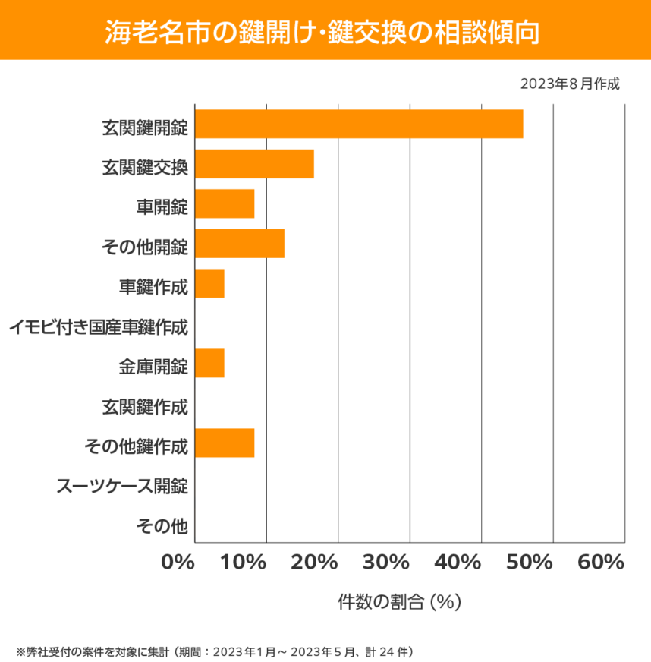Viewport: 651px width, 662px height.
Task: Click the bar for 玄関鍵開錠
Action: coord(359,124)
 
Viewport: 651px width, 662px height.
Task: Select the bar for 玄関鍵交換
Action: coord(254,164)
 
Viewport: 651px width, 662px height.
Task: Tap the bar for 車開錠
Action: coord(225,204)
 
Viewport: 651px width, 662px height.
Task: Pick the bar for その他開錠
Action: coord(240,244)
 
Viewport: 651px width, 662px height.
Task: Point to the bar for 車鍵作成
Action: coord(209,283)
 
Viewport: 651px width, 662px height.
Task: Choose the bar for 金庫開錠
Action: coord(209,363)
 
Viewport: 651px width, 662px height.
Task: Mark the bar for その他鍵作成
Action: coord(225,443)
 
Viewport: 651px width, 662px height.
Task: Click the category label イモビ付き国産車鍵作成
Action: coord(99,327)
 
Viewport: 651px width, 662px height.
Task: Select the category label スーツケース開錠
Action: coord(122,486)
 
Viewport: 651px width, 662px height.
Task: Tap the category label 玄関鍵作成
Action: coord(144,407)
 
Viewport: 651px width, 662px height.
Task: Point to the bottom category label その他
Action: coord(162,525)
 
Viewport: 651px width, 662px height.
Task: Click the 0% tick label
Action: coord(178,563)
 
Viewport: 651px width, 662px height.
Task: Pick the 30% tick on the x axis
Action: coord(386,563)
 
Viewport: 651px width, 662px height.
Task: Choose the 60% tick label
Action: coord(601,563)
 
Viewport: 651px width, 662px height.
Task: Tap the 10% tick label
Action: coord(244,563)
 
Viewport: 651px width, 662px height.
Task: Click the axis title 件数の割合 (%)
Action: coord(399,601)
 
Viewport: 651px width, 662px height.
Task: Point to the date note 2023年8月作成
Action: coord(570,84)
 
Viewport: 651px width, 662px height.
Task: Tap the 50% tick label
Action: coord(529,563)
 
